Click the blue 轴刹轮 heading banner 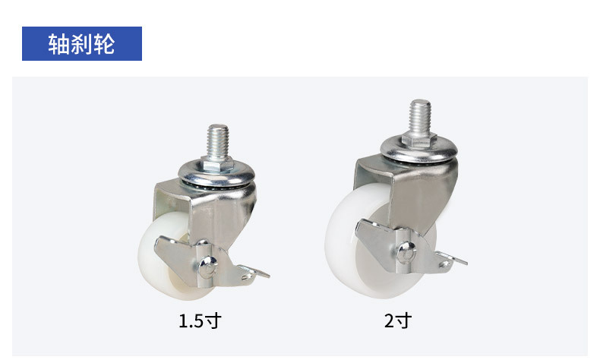[x=82, y=43]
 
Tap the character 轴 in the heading [x=58, y=44]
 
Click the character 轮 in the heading [x=104, y=44]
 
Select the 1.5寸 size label [x=200, y=321]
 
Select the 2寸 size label [x=398, y=321]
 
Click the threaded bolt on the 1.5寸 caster [x=218, y=141]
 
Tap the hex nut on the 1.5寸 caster [x=217, y=164]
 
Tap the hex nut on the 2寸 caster [x=419, y=141]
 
